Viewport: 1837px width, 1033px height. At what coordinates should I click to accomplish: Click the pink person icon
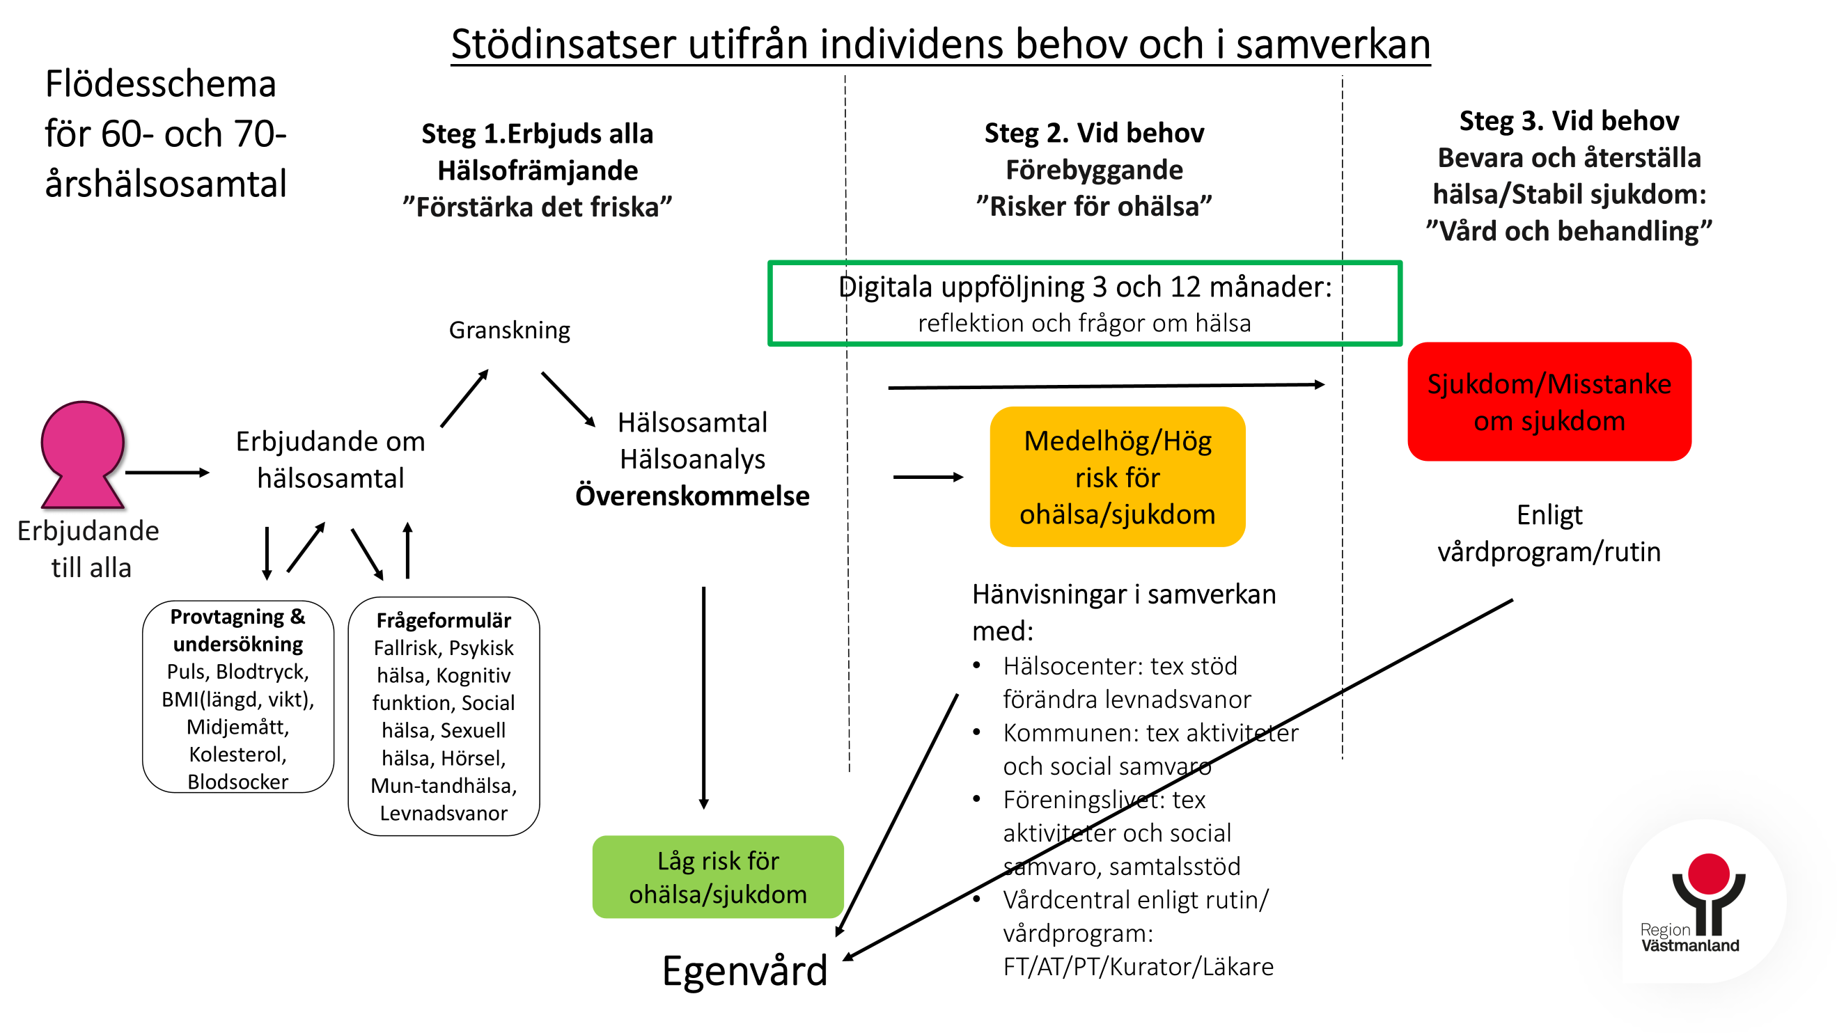[83, 455]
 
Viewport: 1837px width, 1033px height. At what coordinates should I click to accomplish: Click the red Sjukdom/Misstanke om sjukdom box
[1549, 402]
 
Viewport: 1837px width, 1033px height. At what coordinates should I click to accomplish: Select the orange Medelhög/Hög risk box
[1118, 477]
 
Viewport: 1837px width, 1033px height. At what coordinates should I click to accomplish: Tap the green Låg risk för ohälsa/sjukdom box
[718, 877]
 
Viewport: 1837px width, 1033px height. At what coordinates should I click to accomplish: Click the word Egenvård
[744, 971]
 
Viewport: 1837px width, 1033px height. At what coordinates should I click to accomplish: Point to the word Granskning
[509, 330]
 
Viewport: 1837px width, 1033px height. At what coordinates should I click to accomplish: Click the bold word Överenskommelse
[692, 496]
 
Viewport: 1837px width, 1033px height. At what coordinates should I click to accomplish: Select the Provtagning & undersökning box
[238, 697]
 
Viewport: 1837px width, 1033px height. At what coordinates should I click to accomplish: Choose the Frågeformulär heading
[444, 620]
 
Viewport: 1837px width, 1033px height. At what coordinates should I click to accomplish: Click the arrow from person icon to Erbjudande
[168, 472]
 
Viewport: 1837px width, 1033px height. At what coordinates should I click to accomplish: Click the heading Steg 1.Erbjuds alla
[537, 134]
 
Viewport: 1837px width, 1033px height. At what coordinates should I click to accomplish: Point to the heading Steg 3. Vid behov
[1569, 120]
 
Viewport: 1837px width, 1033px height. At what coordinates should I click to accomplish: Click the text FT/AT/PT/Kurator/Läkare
[1138, 967]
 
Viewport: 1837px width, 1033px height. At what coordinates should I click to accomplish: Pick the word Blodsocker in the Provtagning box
[238, 781]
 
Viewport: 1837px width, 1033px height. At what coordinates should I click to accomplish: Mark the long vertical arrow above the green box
[704, 698]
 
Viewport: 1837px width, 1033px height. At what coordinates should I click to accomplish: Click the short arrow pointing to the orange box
[928, 477]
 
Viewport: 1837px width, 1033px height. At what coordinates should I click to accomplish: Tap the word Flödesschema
[160, 84]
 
